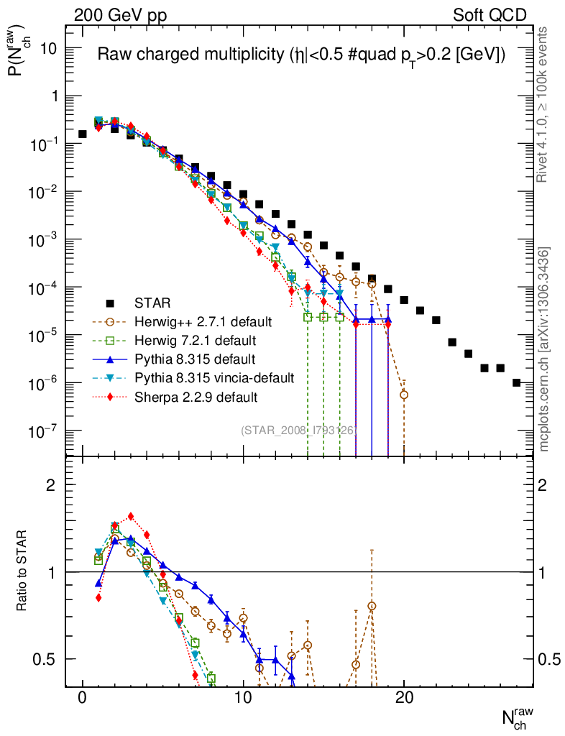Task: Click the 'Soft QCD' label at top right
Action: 490,15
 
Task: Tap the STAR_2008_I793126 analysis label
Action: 298,430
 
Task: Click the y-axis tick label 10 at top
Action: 50,48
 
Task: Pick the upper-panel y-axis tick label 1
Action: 55,96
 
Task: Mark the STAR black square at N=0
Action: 83,134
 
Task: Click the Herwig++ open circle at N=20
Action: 404,395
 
